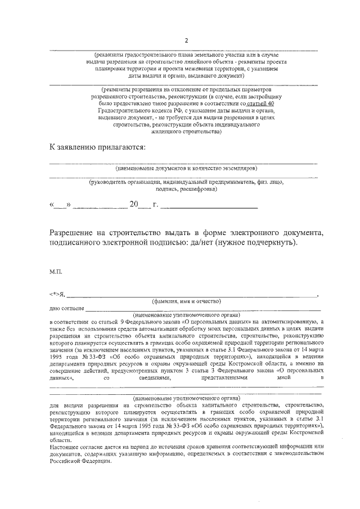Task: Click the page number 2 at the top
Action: point(185,40)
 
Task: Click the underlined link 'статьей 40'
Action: point(261,104)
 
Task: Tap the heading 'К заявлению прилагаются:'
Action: point(97,147)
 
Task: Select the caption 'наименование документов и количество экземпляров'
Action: point(186,168)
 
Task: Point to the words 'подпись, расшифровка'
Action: point(186,190)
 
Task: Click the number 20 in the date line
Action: point(134,206)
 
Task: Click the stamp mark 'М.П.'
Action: point(56,271)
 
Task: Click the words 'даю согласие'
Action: point(67,308)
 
